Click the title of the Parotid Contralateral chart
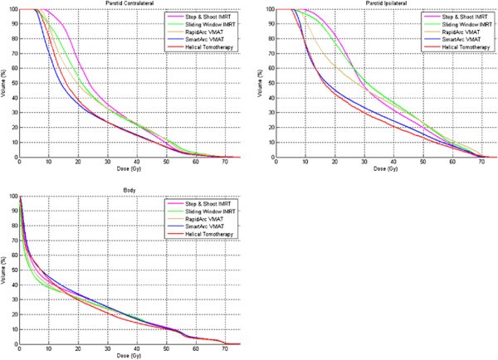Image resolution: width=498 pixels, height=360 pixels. coord(129,4)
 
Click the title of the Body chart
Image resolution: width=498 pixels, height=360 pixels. coord(129,191)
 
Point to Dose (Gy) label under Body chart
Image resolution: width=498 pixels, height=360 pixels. coord(129,356)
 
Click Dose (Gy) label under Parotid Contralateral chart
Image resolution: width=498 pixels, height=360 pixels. coord(129,168)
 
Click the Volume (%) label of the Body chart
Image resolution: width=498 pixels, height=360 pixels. coord(4,270)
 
